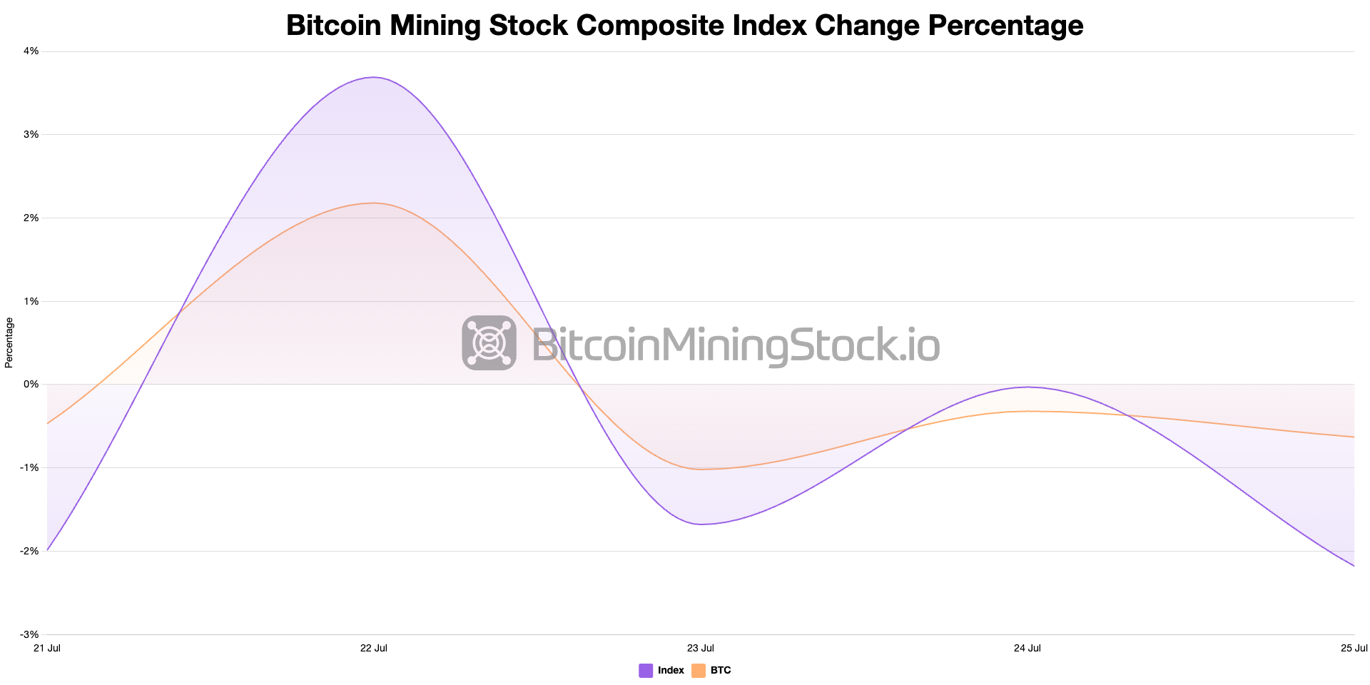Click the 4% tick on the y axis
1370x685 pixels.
click(x=31, y=51)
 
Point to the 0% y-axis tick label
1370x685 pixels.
click(x=31, y=385)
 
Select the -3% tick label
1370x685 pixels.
click(x=29, y=634)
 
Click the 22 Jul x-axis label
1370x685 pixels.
click(x=374, y=648)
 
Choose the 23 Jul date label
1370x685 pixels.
click(x=701, y=648)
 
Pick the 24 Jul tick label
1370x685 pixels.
click(x=1027, y=648)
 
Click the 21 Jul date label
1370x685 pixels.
click(x=47, y=648)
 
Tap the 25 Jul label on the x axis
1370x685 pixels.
click(x=1354, y=648)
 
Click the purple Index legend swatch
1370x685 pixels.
click(x=646, y=671)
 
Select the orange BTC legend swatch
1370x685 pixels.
click(x=699, y=671)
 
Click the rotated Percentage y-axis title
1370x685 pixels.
click(x=9, y=342)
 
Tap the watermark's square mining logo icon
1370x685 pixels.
click(x=489, y=343)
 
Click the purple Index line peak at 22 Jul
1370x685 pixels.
click(x=374, y=77)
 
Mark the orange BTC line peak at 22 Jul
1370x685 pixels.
click(x=374, y=203)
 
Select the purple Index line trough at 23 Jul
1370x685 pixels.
click(x=701, y=524)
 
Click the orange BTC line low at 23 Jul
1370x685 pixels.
click(x=701, y=470)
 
